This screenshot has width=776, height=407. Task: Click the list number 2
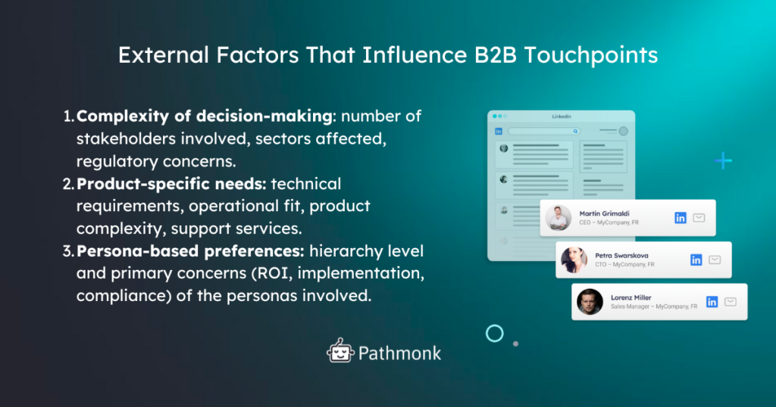67,184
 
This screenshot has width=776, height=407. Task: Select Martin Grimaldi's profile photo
558,218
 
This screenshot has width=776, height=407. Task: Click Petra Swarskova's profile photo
574,259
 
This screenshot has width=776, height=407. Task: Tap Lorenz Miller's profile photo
590,301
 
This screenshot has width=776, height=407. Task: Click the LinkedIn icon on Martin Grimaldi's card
680,218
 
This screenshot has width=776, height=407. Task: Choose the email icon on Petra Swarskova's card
715,259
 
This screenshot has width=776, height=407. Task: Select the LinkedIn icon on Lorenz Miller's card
712,301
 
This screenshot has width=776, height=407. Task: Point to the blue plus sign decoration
723,160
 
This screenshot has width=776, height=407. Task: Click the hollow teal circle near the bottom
495,333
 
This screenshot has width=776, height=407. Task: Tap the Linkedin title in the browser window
562,116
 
